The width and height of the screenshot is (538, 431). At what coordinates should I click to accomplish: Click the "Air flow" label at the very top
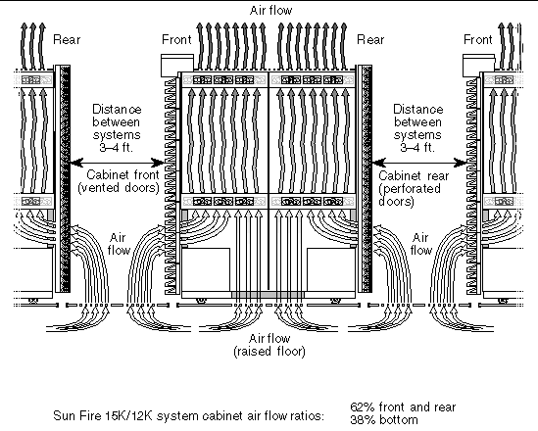[270, 11]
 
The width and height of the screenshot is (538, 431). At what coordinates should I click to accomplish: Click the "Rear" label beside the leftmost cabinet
[67, 40]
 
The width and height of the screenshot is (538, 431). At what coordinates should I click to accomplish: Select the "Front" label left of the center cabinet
[176, 40]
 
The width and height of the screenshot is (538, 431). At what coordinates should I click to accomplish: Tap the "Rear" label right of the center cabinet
[370, 40]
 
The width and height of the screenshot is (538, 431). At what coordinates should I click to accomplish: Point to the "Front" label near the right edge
[478, 40]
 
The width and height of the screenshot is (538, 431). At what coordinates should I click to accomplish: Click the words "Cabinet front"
[122, 175]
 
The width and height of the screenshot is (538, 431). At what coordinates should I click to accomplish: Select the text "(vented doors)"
[119, 188]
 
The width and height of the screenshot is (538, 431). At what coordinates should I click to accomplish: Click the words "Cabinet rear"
[414, 176]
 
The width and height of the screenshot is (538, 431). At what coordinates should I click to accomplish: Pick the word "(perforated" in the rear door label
[410, 189]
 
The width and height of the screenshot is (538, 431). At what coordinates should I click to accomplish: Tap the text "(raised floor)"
[269, 352]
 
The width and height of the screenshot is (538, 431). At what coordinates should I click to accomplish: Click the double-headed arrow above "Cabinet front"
[118, 163]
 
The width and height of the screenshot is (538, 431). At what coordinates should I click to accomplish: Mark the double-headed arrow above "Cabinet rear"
[419, 163]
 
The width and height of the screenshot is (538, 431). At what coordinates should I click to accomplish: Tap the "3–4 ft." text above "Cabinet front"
[116, 148]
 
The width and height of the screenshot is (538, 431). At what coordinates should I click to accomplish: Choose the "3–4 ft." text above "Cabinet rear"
[417, 148]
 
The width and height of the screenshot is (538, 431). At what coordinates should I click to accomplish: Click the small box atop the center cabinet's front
[177, 66]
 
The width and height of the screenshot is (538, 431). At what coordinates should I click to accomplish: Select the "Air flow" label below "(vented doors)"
[119, 244]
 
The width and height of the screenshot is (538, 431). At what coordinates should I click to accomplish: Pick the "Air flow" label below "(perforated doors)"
[420, 244]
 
